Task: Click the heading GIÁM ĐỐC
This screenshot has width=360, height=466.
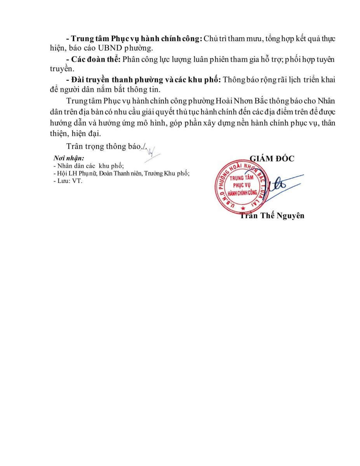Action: [x=272, y=159]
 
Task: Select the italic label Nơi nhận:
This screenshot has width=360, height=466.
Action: [x=69, y=158]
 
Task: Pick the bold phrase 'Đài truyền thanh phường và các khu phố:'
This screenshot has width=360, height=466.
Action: [x=144, y=80]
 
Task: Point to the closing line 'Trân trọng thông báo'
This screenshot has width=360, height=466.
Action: [x=103, y=146]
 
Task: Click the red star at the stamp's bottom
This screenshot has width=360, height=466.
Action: [x=243, y=209]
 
